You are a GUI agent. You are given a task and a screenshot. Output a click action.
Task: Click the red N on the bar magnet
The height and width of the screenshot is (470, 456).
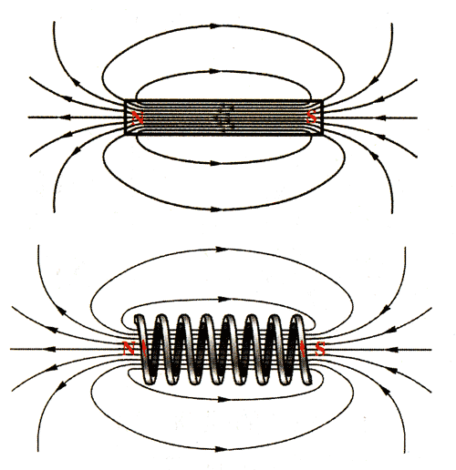[138, 117]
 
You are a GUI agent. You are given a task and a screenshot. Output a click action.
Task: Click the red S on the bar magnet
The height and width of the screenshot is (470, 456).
[312, 117]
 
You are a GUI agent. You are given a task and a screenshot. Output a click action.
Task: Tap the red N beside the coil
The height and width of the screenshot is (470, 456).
[129, 348]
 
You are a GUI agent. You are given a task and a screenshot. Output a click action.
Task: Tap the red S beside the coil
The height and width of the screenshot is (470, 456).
[320, 349]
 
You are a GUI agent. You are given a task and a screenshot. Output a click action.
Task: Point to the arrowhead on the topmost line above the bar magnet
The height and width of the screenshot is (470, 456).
[215, 26]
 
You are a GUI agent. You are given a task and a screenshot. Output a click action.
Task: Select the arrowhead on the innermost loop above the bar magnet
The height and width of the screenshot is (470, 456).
[215, 71]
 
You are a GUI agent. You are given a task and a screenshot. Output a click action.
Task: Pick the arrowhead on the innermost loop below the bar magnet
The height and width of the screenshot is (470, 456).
[215, 163]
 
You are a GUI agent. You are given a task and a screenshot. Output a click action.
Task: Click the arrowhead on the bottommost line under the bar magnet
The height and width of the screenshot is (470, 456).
[216, 209]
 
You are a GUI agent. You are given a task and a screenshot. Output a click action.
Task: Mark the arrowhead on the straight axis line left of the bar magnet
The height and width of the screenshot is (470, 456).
[65, 117]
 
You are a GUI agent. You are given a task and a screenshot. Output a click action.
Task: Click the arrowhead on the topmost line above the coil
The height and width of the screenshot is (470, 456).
[222, 250]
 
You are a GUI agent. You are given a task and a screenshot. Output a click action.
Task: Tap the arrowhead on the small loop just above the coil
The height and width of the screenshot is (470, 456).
[224, 300]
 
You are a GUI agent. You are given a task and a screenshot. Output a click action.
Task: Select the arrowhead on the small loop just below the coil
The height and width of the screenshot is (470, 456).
[224, 399]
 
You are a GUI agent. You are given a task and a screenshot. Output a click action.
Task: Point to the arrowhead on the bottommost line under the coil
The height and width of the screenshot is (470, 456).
[220, 449]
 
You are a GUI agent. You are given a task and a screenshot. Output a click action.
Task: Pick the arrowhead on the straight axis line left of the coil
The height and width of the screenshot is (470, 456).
[49, 349]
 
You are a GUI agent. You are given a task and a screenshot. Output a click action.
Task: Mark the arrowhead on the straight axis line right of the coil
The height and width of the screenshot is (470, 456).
[392, 350]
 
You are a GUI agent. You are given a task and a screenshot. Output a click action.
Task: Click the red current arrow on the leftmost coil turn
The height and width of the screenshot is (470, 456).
[144, 349]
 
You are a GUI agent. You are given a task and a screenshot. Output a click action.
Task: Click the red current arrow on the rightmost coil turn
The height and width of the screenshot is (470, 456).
[303, 349]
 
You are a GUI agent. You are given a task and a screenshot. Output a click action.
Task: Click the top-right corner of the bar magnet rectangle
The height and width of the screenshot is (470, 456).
[322, 100]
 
